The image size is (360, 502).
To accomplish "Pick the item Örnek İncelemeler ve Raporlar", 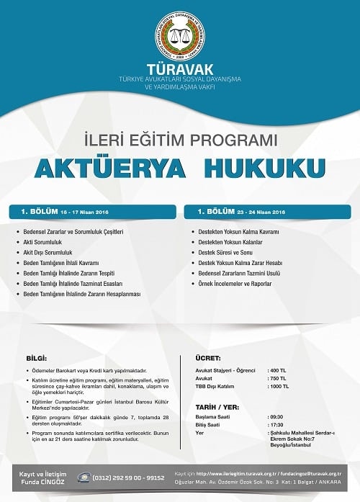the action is click(235, 284).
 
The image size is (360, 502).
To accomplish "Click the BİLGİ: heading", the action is click(36, 358).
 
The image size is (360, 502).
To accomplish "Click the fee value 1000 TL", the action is click(279, 386).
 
